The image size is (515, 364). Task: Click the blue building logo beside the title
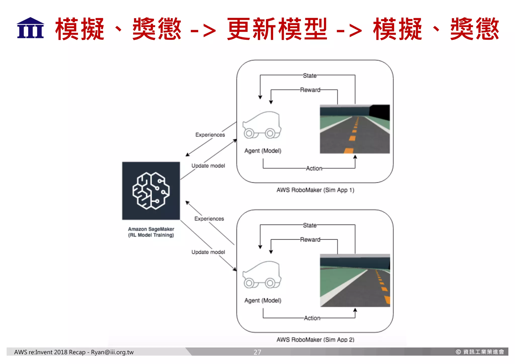click(x=30, y=28)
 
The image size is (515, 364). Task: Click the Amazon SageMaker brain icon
click(x=151, y=191)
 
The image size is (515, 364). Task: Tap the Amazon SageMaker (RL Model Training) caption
click(x=151, y=232)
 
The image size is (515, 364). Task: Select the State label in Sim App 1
click(x=310, y=75)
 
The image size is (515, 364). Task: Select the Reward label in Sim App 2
click(x=310, y=239)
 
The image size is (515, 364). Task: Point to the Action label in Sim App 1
click(x=314, y=168)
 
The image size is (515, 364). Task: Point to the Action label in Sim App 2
click(x=312, y=318)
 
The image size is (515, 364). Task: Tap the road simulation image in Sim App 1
click(x=355, y=129)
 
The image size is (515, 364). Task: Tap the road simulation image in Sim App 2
click(x=355, y=280)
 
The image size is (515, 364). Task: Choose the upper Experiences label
click(x=210, y=135)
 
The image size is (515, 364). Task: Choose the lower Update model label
click(x=208, y=252)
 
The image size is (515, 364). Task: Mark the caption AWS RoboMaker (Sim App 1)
click(x=315, y=190)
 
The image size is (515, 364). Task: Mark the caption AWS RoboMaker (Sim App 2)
click(x=315, y=340)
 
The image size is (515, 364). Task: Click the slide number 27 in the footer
click(x=257, y=352)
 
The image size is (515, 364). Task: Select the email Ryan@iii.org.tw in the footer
click(x=112, y=352)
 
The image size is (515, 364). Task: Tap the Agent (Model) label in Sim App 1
click(x=263, y=151)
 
